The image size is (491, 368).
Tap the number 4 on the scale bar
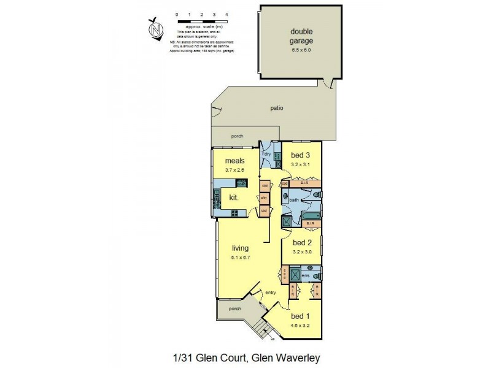227,13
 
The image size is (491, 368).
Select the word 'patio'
277,109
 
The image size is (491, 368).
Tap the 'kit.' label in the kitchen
234,197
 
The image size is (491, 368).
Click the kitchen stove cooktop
234,213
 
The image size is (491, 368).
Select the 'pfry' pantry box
263,198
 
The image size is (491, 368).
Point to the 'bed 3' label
301,155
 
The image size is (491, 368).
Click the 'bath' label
293,200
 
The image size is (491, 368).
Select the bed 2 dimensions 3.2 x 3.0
303,251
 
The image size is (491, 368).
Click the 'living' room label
240,248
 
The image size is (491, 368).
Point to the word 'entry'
271,293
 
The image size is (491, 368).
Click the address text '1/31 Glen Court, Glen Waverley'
245,357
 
